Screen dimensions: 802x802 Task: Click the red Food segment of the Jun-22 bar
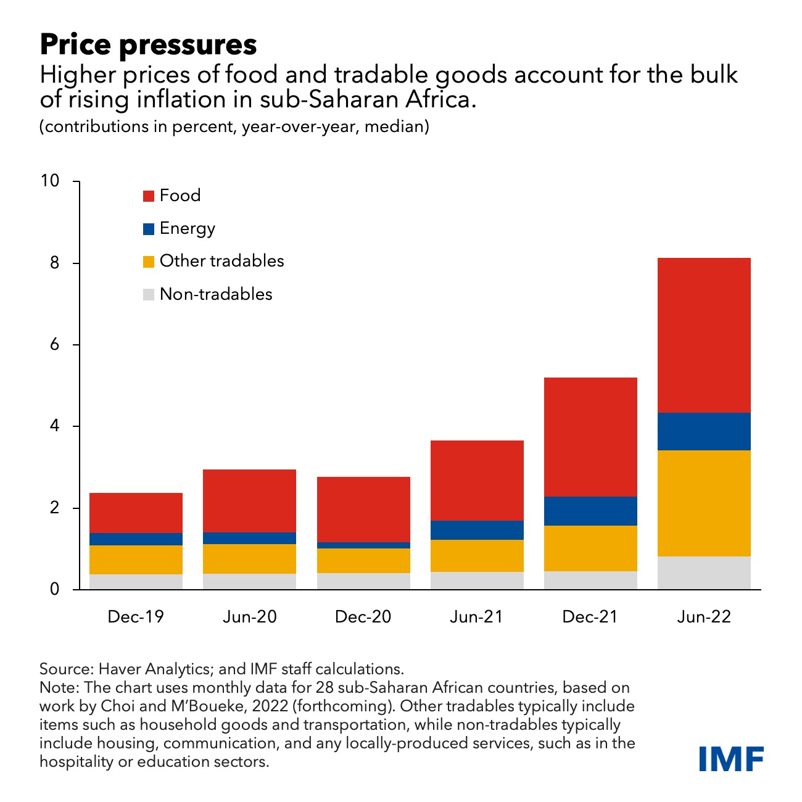704,335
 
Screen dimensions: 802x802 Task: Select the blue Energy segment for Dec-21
590,511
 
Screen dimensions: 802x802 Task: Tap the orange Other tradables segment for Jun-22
704,503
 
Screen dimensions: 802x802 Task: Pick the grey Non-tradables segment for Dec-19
136,582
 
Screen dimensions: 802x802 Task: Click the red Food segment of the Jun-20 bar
249,500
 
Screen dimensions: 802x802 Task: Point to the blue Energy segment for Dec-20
363,545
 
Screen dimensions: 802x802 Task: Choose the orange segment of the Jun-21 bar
477,556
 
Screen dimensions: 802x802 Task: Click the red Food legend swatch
149,196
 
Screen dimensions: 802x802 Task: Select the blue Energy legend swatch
149,229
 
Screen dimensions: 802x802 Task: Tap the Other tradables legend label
221,261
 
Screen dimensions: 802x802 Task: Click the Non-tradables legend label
216,294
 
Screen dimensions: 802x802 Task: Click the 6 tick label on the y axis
55,344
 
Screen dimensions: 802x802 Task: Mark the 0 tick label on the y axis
55,589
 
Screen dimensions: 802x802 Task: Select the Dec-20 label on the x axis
363,617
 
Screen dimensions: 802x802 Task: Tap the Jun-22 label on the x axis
704,617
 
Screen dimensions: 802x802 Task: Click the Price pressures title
148,45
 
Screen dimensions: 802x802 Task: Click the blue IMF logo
731,758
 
